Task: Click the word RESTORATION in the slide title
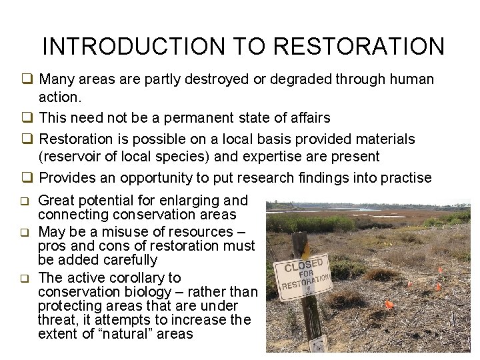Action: [359, 47]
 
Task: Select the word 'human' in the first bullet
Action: [413, 79]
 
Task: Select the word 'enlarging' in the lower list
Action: [185, 200]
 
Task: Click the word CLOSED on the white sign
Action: [304, 265]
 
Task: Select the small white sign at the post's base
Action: [319, 345]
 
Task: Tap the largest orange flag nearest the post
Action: [389, 305]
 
